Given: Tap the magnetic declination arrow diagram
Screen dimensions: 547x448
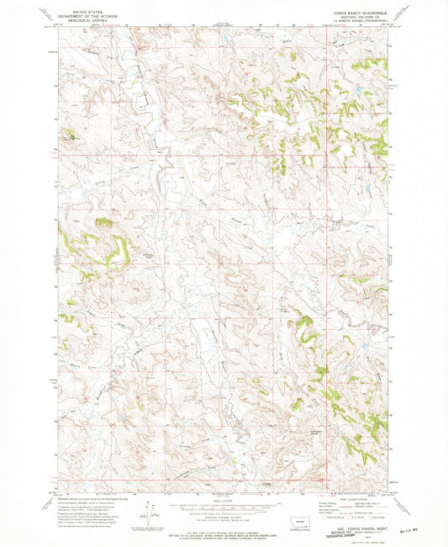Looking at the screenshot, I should click(151, 514).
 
